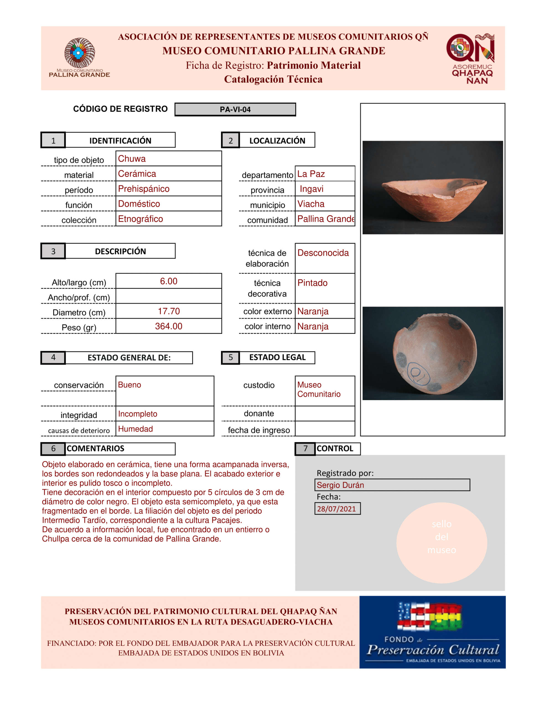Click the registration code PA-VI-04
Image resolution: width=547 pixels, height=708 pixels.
pyautogui.click(x=235, y=110)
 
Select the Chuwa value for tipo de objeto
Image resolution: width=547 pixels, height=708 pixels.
pyautogui.click(x=132, y=159)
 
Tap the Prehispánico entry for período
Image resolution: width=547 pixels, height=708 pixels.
pyautogui.click(x=144, y=189)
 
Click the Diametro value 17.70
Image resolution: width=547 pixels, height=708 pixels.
pyautogui.click(x=168, y=311)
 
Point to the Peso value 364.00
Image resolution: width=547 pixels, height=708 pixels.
pyautogui.click(x=168, y=326)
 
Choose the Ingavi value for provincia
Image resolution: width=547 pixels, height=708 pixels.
pyautogui.click(x=311, y=189)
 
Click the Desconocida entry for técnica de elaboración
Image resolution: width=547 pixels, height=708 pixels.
pyautogui.click(x=323, y=253)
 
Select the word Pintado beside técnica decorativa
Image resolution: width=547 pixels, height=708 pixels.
pyautogui.click(x=312, y=283)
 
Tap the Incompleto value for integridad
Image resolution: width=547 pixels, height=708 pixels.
pyautogui.click(x=138, y=414)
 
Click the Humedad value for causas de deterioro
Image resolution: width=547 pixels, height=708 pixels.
pyautogui.click(x=135, y=429)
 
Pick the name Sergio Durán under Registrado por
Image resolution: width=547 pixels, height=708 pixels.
pyautogui.click(x=340, y=485)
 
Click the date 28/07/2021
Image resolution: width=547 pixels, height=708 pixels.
pyautogui.click(x=336, y=509)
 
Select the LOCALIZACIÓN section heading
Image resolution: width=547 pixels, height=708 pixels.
pyautogui.click(x=277, y=140)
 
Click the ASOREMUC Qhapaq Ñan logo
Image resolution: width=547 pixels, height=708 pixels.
pyautogui.click(x=471, y=58)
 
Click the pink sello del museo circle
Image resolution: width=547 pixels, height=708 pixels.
pyautogui.click(x=441, y=543)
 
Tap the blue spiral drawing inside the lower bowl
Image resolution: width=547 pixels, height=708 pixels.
pyautogui.click(x=418, y=373)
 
